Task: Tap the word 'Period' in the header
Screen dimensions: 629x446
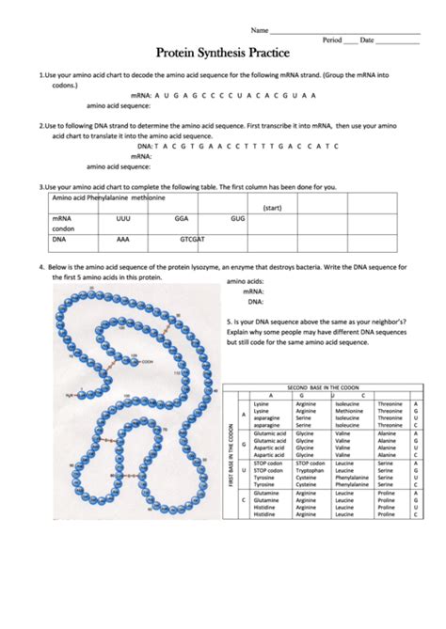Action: coord(331,40)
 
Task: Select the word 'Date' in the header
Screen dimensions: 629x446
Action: coord(366,40)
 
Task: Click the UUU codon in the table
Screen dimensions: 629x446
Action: coord(122,217)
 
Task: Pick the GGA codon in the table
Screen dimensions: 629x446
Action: coord(182,217)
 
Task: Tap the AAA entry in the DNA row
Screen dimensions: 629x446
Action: coord(122,239)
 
